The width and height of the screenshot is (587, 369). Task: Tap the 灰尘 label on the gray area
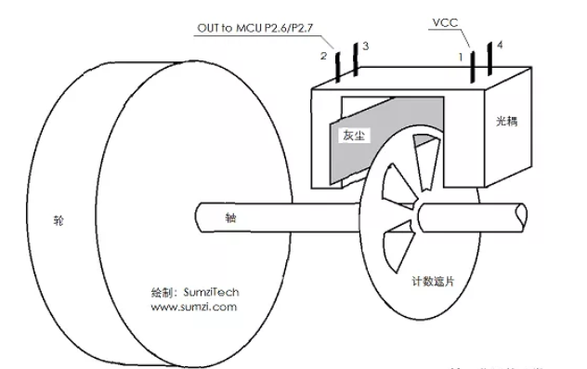coord(355,134)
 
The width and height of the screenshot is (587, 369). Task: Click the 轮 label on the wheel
coord(58,223)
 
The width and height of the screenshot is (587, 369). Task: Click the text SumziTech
coord(210,291)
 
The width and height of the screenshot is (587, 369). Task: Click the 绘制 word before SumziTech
coord(162,291)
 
